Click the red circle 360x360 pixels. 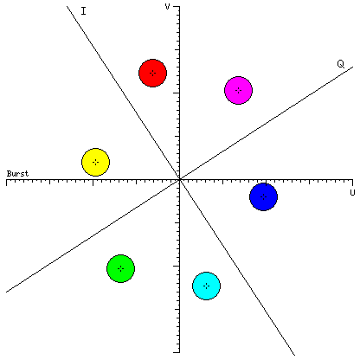[x=152, y=73]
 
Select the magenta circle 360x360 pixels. [x=238, y=90]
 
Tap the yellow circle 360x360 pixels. [x=95, y=162]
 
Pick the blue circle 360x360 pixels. [x=263, y=196]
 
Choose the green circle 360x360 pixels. [x=120, y=268]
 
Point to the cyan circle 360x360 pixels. [x=206, y=286]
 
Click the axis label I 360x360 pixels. [x=83, y=11]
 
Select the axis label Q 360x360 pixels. [x=341, y=64]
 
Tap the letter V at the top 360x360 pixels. [x=167, y=6]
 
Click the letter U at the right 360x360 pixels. [x=352, y=192]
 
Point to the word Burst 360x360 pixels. [x=17, y=174]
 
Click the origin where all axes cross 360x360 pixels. [x=179, y=179]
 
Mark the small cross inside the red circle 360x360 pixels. [x=152, y=73]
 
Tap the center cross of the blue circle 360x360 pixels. [x=263, y=196]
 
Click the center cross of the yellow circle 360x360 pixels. [x=95, y=162]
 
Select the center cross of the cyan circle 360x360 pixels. [x=206, y=286]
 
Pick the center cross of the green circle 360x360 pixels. [x=120, y=268]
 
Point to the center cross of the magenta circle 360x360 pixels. [x=238, y=90]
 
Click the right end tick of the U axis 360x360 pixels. [x=352, y=183]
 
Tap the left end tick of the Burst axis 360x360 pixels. [x=7, y=183]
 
